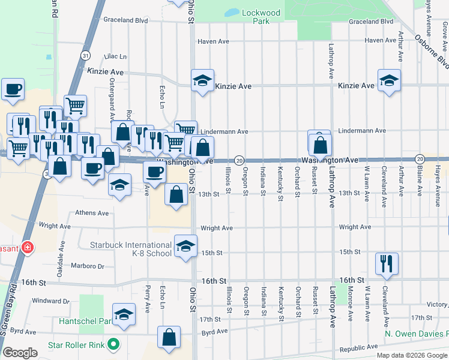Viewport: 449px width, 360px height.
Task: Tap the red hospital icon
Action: (26, 247)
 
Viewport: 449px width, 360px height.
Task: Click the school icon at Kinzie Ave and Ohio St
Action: (203, 80)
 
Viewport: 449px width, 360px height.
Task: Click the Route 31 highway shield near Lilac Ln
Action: (86, 55)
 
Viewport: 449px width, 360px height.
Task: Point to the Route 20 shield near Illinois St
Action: (239, 160)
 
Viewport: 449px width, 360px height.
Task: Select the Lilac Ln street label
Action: (115, 56)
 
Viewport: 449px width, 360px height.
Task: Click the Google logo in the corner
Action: (20, 352)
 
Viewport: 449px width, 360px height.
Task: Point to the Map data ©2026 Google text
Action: (412, 355)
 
